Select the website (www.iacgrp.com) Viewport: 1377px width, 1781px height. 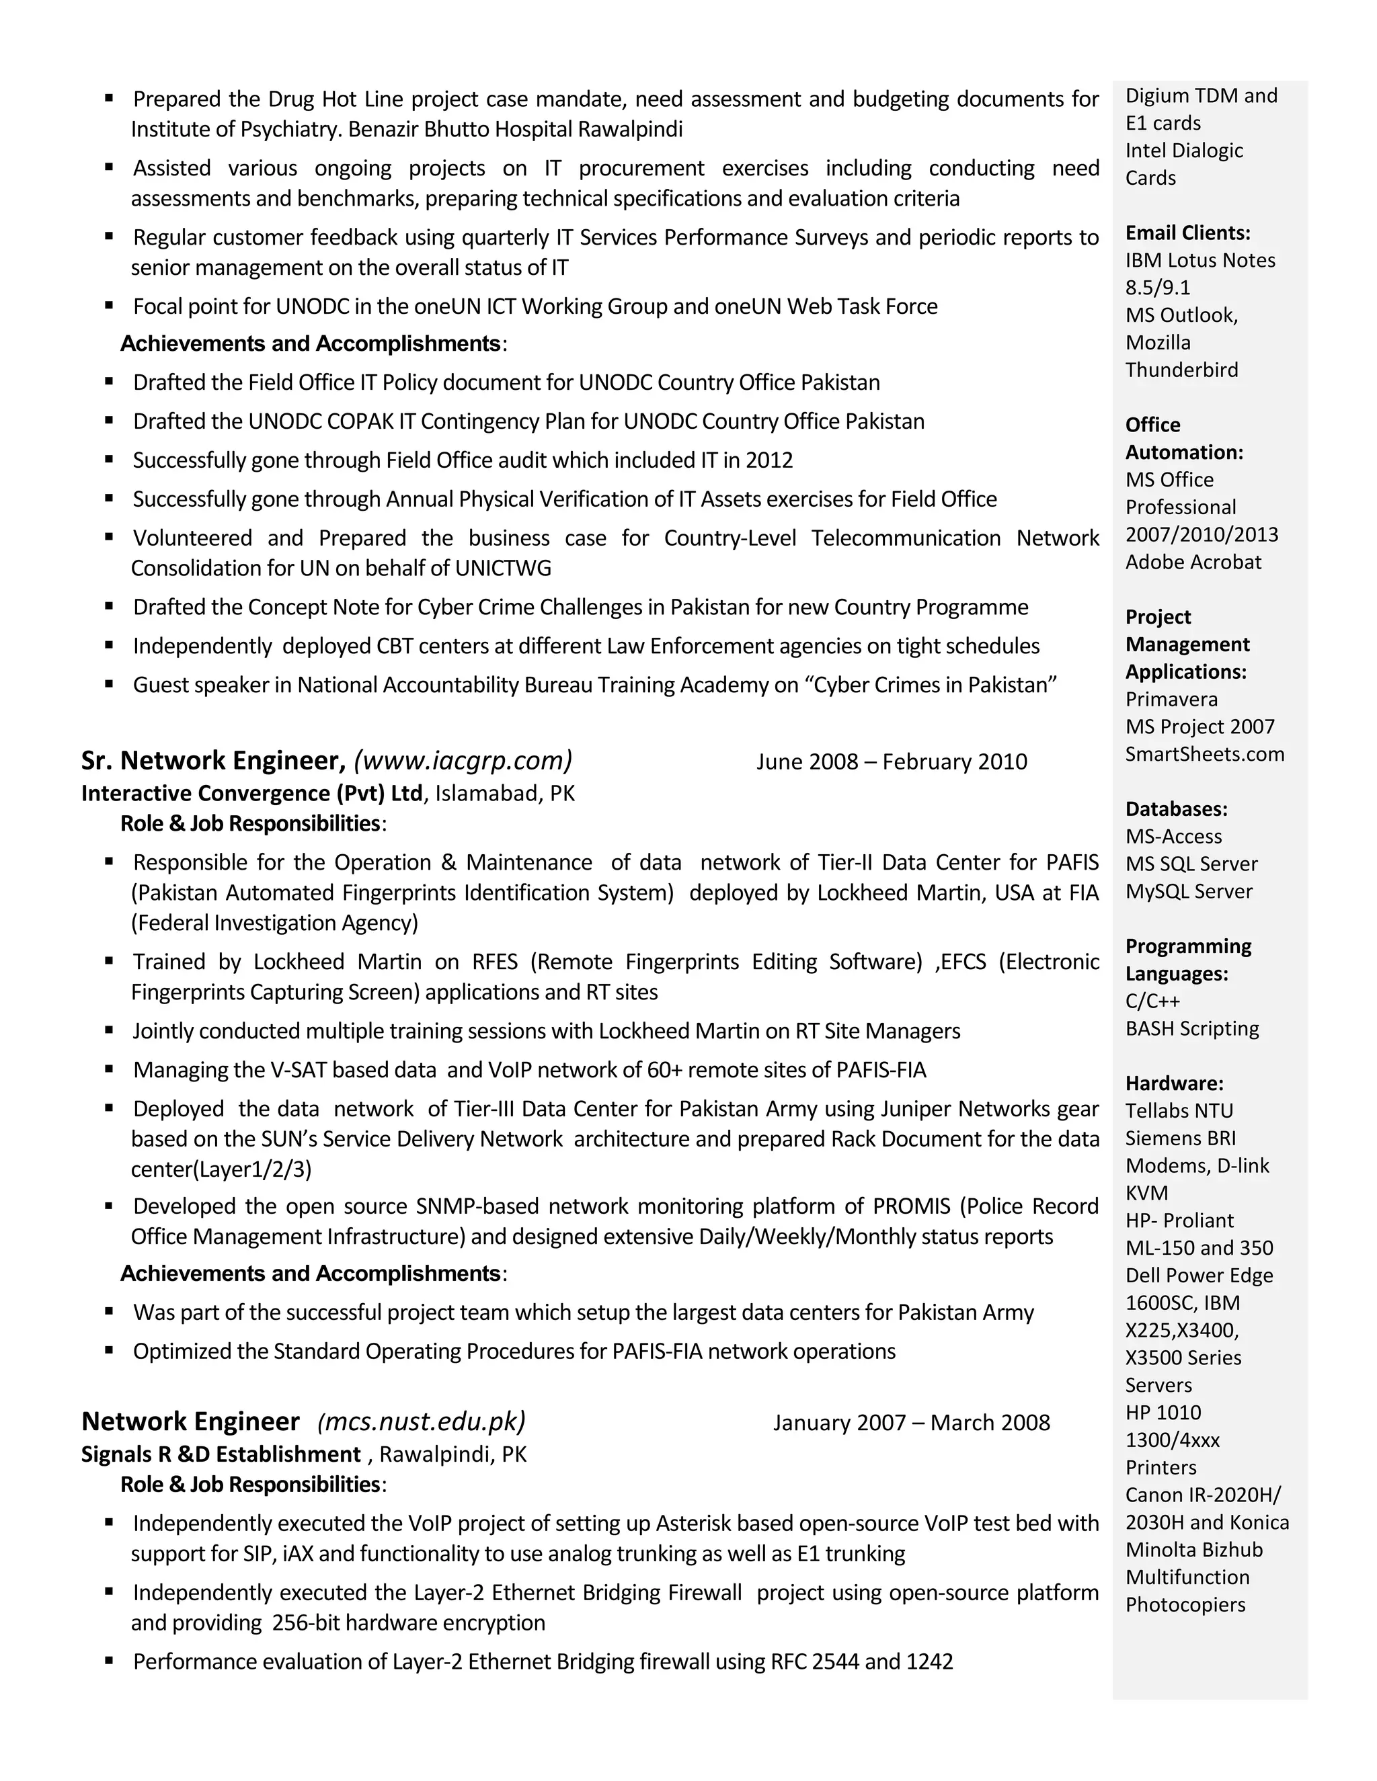[x=463, y=761]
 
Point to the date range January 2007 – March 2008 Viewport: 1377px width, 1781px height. [x=911, y=1423]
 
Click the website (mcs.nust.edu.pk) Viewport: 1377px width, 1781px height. [x=421, y=1422]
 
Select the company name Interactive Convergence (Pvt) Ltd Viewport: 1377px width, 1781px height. [x=252, y=794]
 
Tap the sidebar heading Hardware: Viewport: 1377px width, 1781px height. [x=1174, y=1084]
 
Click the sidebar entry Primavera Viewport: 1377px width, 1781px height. [x=1171, y=700]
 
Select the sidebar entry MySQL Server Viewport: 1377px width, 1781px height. [x=1189, y=891]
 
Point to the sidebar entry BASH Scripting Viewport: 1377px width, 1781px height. [x=1192, y=1028]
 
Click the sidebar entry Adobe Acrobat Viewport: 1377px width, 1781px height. [x=1193, y=563]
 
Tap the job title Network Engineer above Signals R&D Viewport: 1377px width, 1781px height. [x=191, y=1422]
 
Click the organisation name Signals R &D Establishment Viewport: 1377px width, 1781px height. [x=221, y=1455]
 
